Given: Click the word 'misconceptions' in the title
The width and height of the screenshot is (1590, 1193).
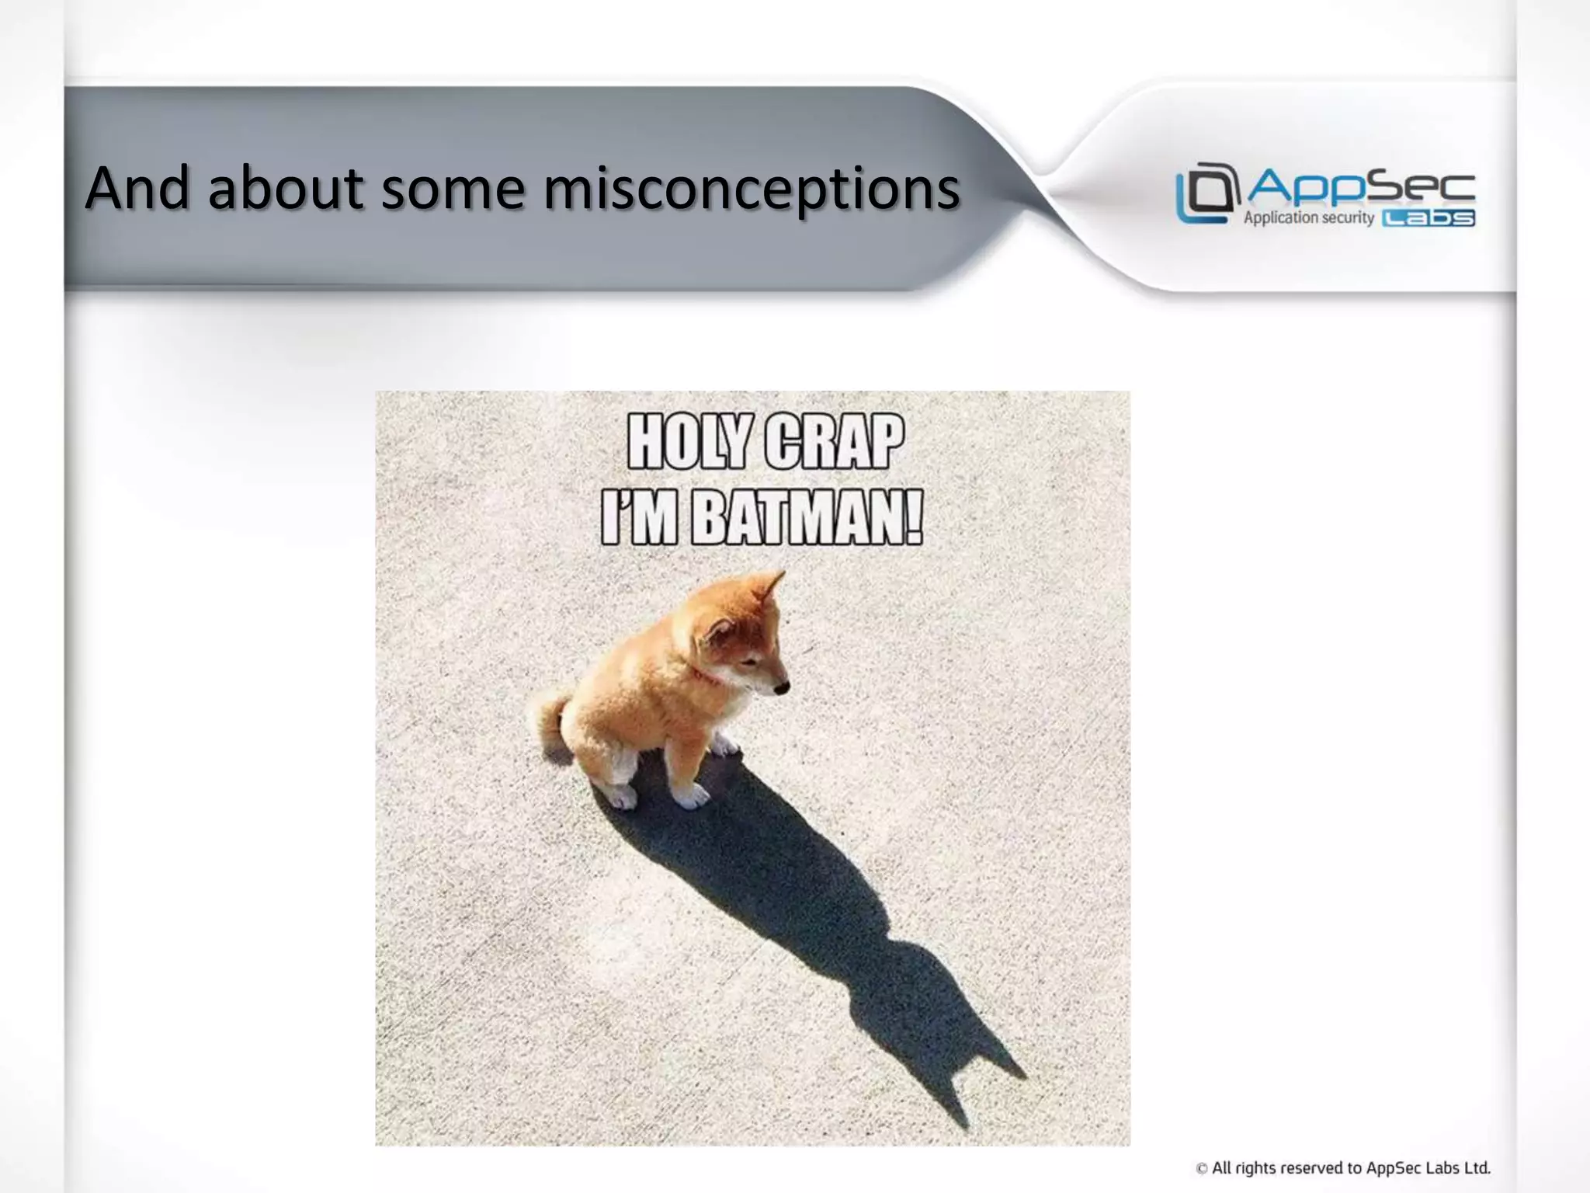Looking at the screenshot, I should coord(751,190).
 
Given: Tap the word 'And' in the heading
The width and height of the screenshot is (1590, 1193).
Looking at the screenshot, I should coord(137,188).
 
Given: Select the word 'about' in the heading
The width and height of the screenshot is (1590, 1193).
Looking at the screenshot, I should coord(285,188).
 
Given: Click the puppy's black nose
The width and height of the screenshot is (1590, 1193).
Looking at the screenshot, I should coord(783,687).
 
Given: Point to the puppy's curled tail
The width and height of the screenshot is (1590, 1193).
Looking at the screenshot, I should coord(550,718).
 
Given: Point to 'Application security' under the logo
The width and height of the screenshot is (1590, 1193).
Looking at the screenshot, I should coord(1308,218).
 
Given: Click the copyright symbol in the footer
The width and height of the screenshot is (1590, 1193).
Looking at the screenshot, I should coord(1202,1168).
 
